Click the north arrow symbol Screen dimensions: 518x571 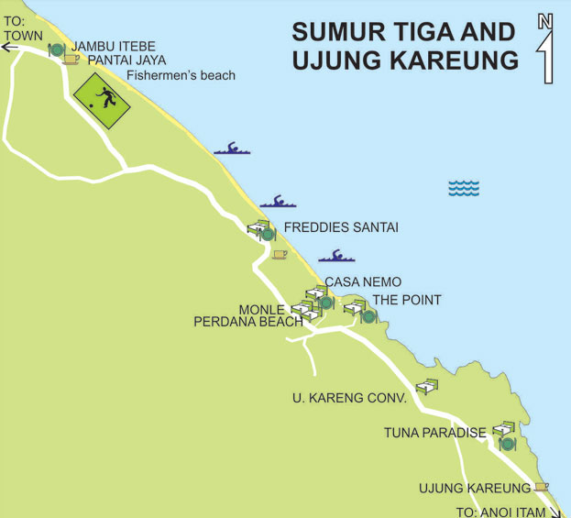545,50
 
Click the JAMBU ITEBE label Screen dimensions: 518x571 114,46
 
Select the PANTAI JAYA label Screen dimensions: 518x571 127,61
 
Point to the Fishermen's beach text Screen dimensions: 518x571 181,75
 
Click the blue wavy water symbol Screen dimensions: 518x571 464,188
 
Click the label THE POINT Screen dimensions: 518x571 406,300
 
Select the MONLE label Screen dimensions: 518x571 262,310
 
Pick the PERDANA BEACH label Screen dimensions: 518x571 247,323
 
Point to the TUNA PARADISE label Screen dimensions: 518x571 434,433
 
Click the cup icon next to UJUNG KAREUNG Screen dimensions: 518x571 541,487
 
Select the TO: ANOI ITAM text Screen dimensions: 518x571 500,512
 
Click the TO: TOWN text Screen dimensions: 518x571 23,29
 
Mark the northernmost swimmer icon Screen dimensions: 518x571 231,148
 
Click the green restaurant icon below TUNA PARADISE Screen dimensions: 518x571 507,445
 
